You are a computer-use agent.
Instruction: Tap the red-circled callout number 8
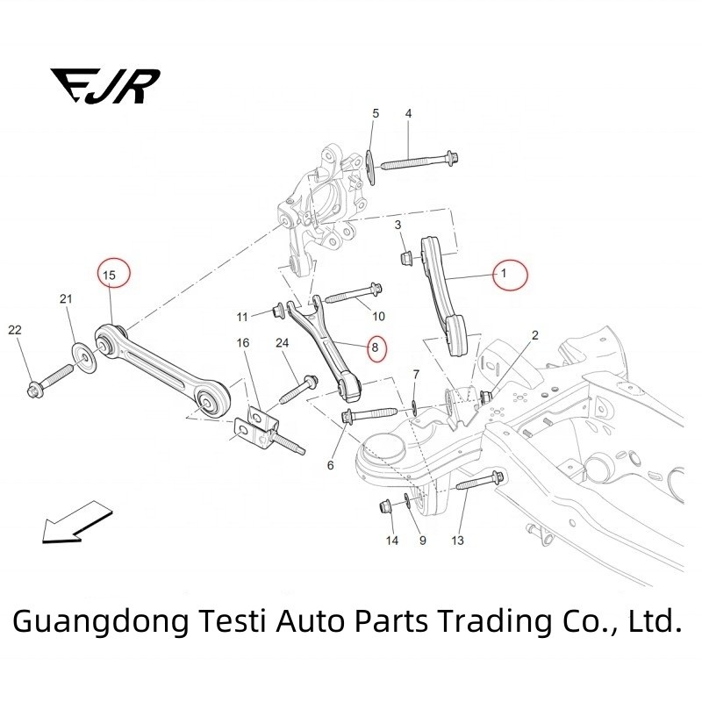tap(376, 347)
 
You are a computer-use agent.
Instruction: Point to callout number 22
tap(14, 330)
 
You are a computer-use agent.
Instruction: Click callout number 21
tap(66, 300)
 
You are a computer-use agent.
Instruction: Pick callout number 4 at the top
tap(408, 115)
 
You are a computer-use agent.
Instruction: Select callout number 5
tap(375, 114)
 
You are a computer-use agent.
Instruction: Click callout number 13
tap(457, 541)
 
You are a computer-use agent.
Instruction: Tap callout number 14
tap(392, 541)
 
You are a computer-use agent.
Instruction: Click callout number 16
tap(243, 342)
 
